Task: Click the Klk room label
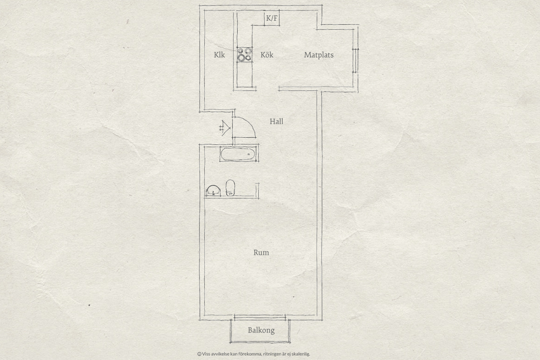[220, 55]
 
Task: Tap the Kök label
[267, 55]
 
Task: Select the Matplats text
[319, 55]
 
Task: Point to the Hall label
[276, 121]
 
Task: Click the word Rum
[261, 252]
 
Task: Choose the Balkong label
[261, 330]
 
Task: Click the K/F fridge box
[272, 18]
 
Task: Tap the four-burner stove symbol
[244, 54]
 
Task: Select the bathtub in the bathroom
[238, 154]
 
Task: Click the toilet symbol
[230, 188]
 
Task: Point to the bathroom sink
[213, 190]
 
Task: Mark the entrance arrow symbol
[225, 128]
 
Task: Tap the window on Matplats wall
[355, 60]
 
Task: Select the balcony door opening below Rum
[260, 318]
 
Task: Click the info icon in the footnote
[199, 354]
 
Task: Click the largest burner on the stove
[241, 58]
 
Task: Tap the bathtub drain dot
[248, 154]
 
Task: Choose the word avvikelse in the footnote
[220, 354]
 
